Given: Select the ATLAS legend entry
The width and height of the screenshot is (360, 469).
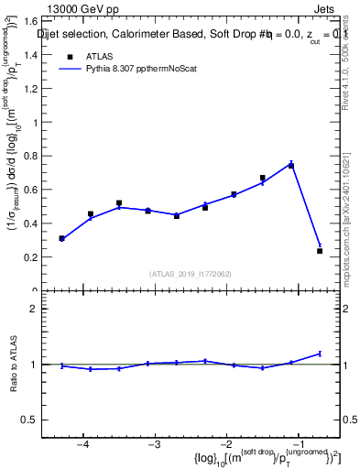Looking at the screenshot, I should tap(89, 56).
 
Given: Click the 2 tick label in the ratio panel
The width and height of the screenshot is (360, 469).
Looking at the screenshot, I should tap(41, 309).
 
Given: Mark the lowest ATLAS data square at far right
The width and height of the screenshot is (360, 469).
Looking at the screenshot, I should tap(320, 251).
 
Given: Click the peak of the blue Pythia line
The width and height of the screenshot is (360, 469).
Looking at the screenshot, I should tap(291, 164).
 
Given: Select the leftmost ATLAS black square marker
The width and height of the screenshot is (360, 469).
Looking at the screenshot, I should tap(61, 238).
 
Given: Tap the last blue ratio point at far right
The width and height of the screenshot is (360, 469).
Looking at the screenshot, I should tap(320, 353).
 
